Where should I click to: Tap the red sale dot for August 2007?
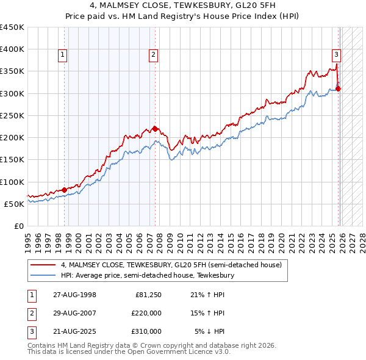tap(155, 129)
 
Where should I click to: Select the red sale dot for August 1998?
tap(65, 190)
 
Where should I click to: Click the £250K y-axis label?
tap(12, 115)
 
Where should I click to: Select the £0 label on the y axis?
tap(19, 226)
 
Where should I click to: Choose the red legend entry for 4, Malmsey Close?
tap(171, 265)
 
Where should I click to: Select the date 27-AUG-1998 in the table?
tap(74, 295)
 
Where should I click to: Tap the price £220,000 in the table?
tap(146, 313)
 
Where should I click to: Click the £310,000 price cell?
tap(146, 331)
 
